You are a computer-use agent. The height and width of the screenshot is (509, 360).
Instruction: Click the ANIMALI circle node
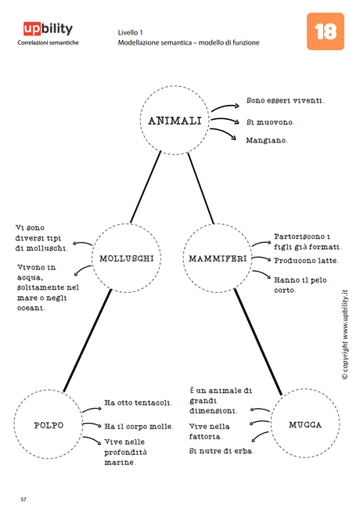pos(175,121)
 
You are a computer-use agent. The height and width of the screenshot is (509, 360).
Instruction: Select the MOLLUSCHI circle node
pos(126,258)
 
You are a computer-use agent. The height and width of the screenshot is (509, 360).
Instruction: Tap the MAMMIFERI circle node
pos(218,258)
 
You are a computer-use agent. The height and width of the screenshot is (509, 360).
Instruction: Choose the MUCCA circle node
pos(304,425)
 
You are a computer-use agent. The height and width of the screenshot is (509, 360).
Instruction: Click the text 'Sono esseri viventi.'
pos(286,100)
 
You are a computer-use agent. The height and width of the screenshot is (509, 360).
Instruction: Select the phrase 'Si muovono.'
pos(271,122)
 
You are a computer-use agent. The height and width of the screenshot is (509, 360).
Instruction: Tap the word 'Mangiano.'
pos(267,141)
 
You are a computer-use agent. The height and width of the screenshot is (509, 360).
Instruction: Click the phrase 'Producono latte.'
pos(306,261)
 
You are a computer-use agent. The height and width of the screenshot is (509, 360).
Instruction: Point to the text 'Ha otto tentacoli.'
pos(139,403)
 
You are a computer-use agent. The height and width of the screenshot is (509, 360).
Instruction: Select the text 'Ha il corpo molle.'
pos(139,427)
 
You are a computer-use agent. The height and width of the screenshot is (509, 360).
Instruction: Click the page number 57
pos(23,498)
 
